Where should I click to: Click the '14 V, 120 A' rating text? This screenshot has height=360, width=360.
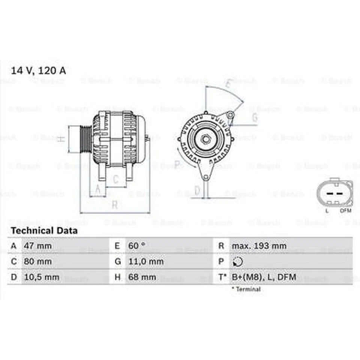click(x=38, y=71)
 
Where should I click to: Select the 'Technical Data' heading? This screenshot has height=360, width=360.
click(x=44, y=231)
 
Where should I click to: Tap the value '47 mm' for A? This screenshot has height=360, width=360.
click(x=37, y=246)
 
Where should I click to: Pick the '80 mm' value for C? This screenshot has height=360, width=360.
click(x=37, y=262)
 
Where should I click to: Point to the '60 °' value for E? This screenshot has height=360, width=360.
click(x=136, y=246)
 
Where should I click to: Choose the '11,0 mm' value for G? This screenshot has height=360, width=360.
click(x=145, y=262)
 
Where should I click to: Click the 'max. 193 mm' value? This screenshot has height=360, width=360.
click(x=259, y=246)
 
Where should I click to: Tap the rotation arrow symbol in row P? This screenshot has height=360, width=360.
click(x=238, y=262)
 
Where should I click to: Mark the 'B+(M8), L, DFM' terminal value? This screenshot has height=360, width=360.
click(x=264, y=277)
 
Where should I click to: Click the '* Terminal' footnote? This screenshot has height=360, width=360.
click(x=246, y=289)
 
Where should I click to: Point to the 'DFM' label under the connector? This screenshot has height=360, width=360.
click(x=345, y=211)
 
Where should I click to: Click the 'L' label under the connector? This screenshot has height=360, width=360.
click(x=327, y=211)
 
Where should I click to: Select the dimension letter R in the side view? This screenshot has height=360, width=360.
click(x=115, y=205)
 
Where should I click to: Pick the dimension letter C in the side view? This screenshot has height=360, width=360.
click(x=116, y=180)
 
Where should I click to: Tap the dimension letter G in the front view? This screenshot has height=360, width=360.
click(x=255, y=118)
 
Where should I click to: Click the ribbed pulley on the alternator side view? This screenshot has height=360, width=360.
click(x=86, y=139)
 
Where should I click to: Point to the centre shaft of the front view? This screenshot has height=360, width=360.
click(x=206, y=139)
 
